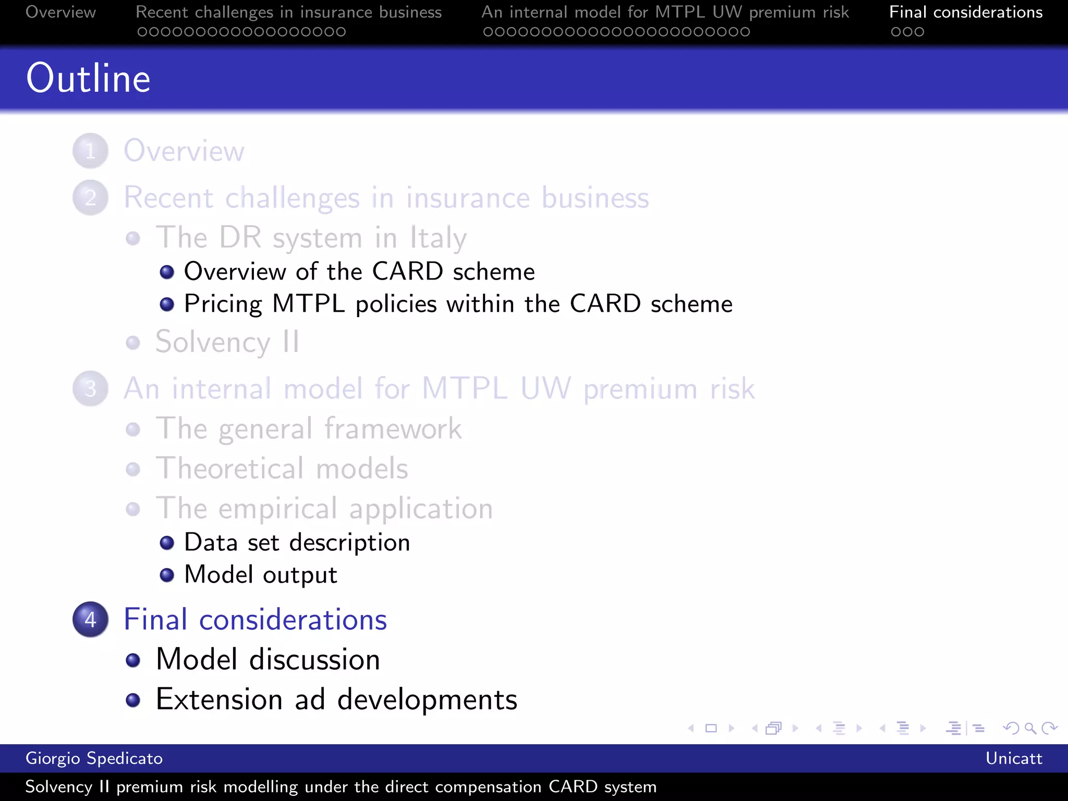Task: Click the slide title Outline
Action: [88, 78]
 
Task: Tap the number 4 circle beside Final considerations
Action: [90, 620]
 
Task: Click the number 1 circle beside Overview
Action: [90, 151]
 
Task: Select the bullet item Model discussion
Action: [268, 659]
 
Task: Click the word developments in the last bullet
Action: [427, 699]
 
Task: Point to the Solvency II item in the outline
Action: [227, 342]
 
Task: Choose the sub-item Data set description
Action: [297, 542]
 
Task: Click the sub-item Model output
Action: [261, 575]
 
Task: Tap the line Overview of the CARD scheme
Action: [359, 272]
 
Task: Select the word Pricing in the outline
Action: [223, 304]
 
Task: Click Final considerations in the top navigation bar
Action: [965, 12]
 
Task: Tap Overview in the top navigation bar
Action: [60, 12]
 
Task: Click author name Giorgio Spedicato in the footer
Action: [94, 758]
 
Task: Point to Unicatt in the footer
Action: [1013, 758]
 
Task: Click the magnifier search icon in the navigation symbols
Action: [1030, 728]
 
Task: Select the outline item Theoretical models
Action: [282, 468]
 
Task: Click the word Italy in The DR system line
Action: [438, 238]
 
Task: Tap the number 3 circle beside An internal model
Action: [90, 389]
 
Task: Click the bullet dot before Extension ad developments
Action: [133, 700]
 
